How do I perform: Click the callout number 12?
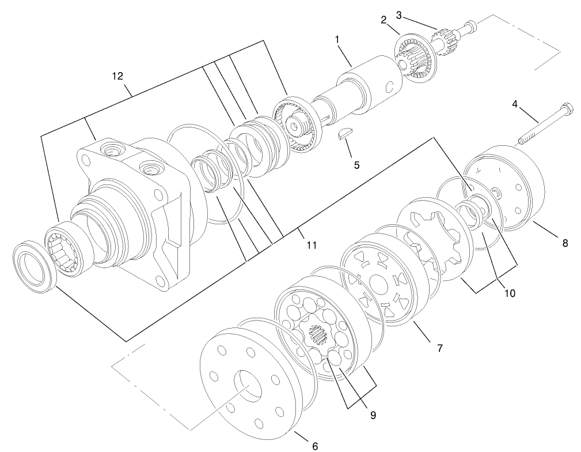[117, 76]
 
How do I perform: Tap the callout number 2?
[382, 20]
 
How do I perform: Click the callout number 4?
[515, 104]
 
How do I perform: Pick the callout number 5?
[356, 165]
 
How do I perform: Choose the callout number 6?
[314, 445]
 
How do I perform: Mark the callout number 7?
[439, 348]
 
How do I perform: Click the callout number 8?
[565, 243]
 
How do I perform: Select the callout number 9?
[373, 414]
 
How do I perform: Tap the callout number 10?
[509, 293]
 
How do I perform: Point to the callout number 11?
[312, 246]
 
